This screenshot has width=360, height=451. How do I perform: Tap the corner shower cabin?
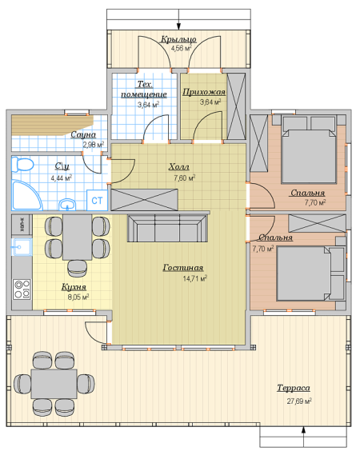[x=26, y=195]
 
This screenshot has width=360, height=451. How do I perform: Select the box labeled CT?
[x=97, y=200]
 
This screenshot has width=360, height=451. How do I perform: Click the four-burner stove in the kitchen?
[x=22, y=289]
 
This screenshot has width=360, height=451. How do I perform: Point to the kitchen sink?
[x=22, y=247]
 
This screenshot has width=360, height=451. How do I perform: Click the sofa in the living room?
[x=167, y=229]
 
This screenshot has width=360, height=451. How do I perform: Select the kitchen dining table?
[x=77, y=237]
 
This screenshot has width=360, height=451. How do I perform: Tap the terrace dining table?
[x=54, y=384]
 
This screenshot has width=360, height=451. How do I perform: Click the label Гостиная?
[x=183, y=268]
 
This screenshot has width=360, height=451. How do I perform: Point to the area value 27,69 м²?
[x=299, y=401]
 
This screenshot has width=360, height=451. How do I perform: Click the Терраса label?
[x=294, y=388]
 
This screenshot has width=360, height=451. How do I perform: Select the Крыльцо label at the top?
[x=178, y=39]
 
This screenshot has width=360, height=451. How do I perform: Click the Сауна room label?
[x=83, y=134]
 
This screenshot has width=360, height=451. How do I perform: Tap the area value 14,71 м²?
[x=195, y=278]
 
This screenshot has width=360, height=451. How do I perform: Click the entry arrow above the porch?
[x=178, y=19]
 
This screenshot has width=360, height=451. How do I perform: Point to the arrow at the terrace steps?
[x=303, y=437]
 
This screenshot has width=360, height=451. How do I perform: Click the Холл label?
[x=178, y=167]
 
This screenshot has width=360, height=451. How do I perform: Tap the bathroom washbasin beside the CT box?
[x=67, y=204]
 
